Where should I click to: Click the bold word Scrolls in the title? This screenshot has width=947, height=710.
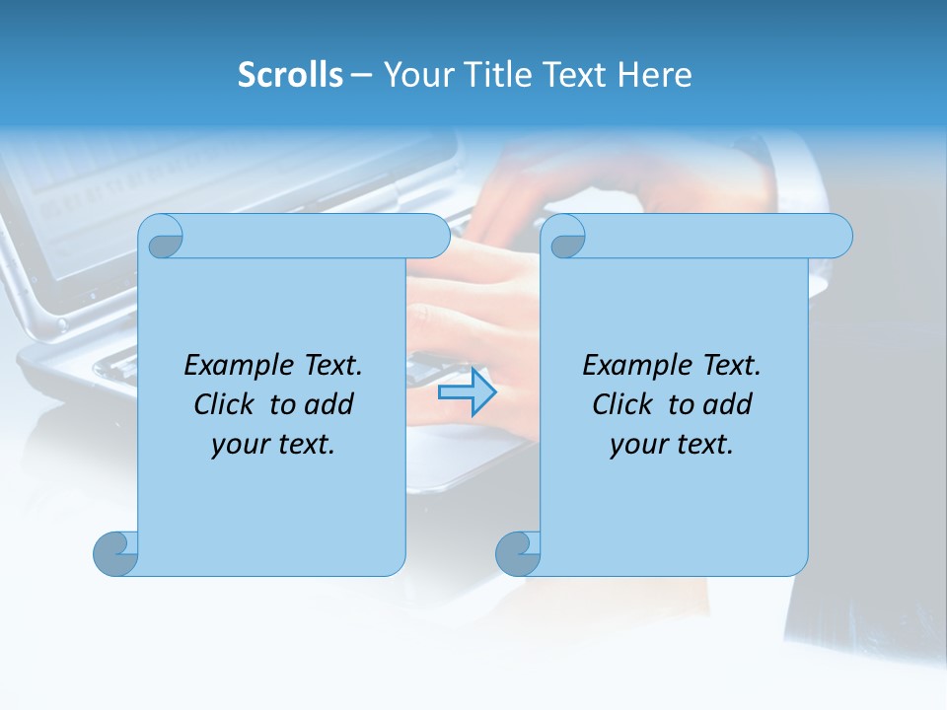[x=290, y=75]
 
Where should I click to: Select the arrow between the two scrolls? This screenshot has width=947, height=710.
[x=467, y=392]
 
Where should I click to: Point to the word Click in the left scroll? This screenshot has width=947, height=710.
[x=226, y=404]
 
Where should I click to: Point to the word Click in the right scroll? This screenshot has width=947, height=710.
[x=624, y=404]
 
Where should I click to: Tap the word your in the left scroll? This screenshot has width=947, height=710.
[x=240, y=444]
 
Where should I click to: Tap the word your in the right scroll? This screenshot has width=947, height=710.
[x=638, y=444]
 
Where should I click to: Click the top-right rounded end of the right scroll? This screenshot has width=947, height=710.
[x=839, y=236]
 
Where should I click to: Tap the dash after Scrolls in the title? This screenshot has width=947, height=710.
[x=361, y=75]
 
